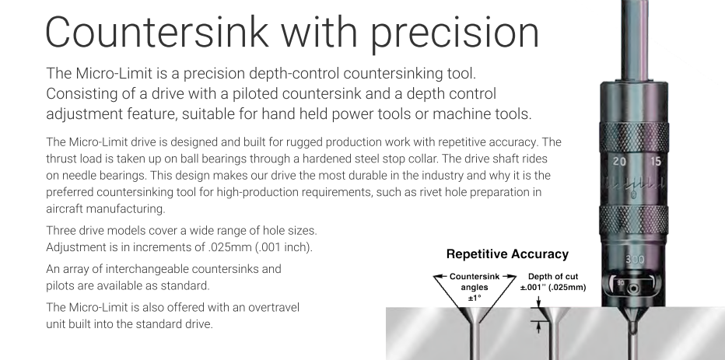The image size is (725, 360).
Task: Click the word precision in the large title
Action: (x=455, y=33)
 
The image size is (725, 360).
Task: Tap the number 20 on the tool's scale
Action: (x=619, y=162)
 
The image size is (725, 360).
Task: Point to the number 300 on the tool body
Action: (x=635, y=260)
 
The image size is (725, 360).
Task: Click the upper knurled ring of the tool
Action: (x=634, y=138)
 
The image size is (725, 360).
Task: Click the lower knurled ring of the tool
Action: (x=634, y=220)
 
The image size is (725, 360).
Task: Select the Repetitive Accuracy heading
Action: (x=507, y=254)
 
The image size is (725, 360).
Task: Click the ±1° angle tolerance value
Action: (x=475, y=298)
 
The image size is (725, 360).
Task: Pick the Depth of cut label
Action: (x=553, y=277)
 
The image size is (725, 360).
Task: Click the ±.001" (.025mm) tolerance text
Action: (x=553, y=288)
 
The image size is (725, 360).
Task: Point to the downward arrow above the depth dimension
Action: (x=538, y=302)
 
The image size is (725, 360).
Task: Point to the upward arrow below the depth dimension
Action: (x=538, y=327)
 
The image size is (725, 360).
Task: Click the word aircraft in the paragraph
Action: (x=65, y=209)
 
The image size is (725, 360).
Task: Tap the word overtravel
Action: (x=274, y=308)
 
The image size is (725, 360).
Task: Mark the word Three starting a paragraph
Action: (x=60, y=231)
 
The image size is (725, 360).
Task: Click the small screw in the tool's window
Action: (x=634, y=288)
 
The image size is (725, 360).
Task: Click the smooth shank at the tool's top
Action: (x=635, y=40)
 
